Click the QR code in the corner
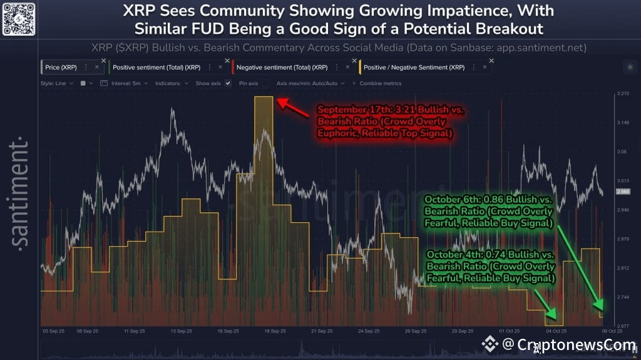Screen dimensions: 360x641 tap(18, 19)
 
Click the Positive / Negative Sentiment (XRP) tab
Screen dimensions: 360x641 tap(414, 67)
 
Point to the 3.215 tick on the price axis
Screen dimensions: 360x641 tap(623, 94)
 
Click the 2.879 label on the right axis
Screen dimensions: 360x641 tap(623, 239)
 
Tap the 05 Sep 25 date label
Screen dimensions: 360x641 tap(53, 331)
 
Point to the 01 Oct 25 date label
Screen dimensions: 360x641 tap(510, 331)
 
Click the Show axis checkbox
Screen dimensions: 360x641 tap(228, 83)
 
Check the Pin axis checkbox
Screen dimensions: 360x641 tap(265, 83)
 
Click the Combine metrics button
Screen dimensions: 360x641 tap(379, 83)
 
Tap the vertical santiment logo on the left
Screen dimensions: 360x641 tap(19, 194)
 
